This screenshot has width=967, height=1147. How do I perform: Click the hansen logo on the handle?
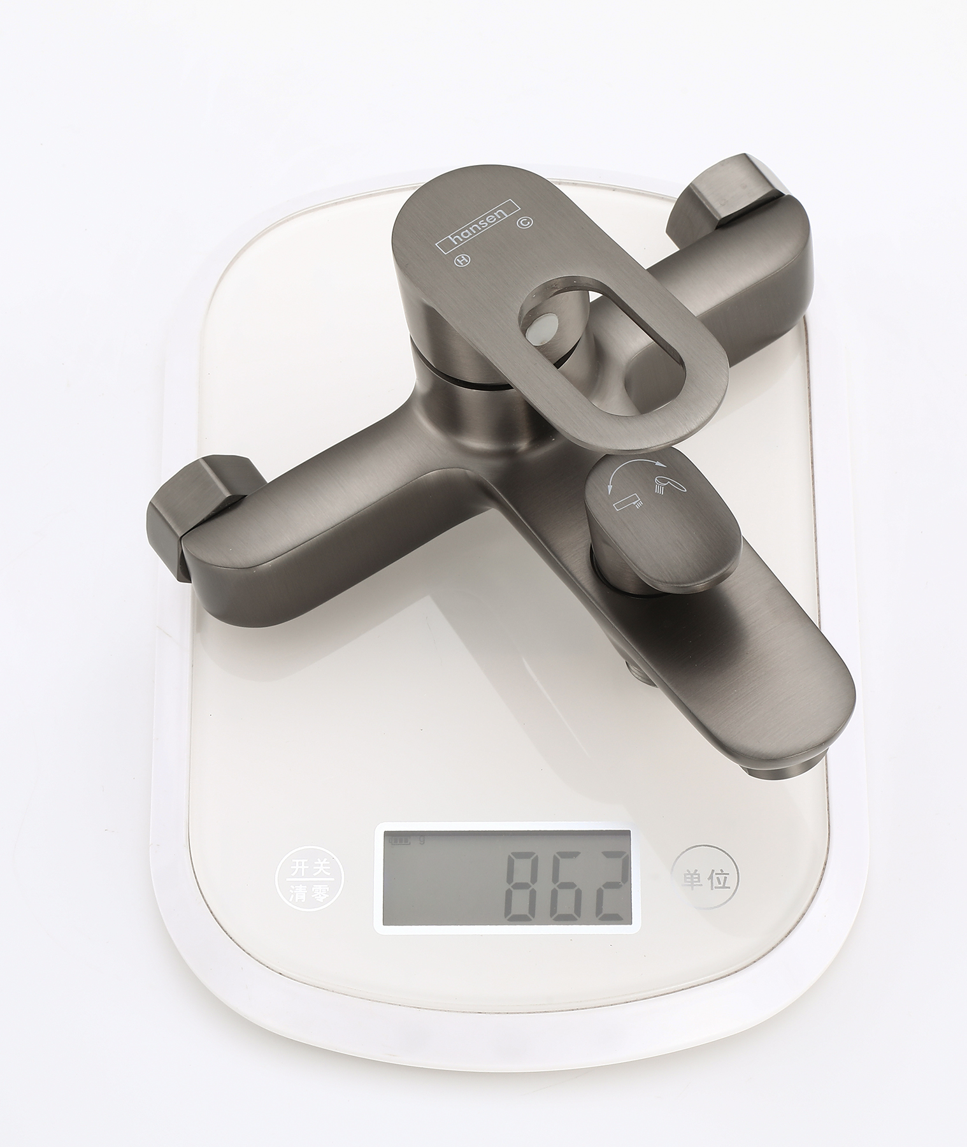pyautogui.click(x=478, y=227)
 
